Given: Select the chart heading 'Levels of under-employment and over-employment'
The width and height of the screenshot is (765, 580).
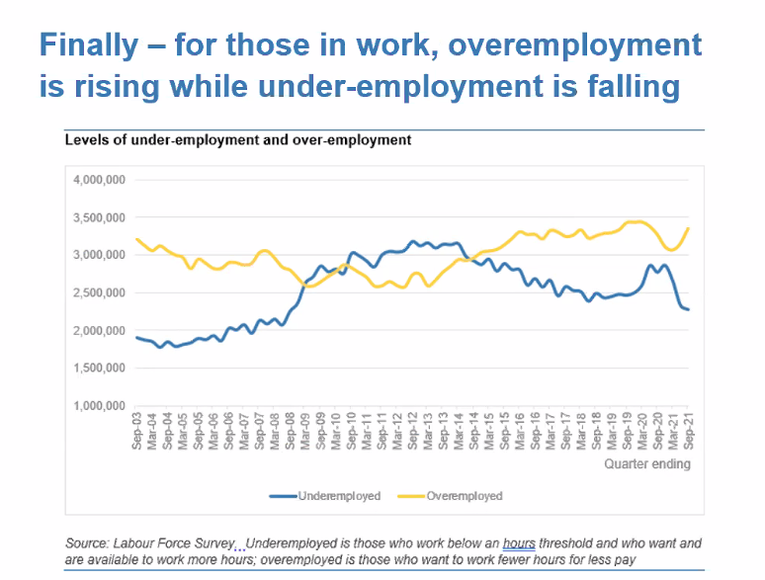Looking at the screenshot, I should [x=237, y=139].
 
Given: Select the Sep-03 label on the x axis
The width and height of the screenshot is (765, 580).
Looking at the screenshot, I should [x=137, y=433].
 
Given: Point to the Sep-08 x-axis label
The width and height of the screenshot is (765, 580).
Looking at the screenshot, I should [x=291, y=433].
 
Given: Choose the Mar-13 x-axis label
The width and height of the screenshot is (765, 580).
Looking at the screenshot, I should [x=428, y=433].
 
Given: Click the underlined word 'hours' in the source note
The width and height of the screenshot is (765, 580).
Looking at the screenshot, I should [x=519, y=543].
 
